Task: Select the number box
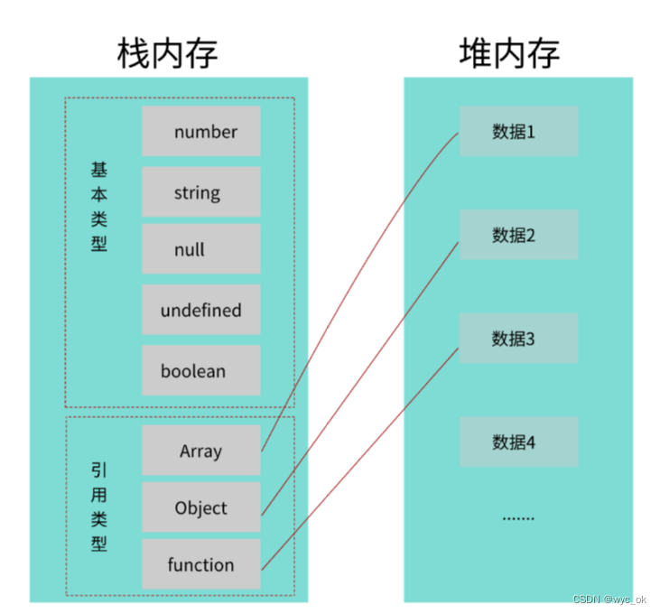[x=201, y=132]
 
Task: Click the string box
[x=201, y=192]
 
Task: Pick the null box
[x=201, y=250]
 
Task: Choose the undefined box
[x=201, y=311]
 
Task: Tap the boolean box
[x=201, y=371]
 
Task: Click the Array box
[x=201, y=451]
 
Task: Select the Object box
[x=201, y=507]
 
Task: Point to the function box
[x=201, y=565]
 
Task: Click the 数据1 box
[x=518, y=132]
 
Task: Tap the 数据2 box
[x=518, y=236]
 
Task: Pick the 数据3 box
[x=518, y=340]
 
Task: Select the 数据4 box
[x=518, y=442]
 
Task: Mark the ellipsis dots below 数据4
[x=518, y=517]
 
